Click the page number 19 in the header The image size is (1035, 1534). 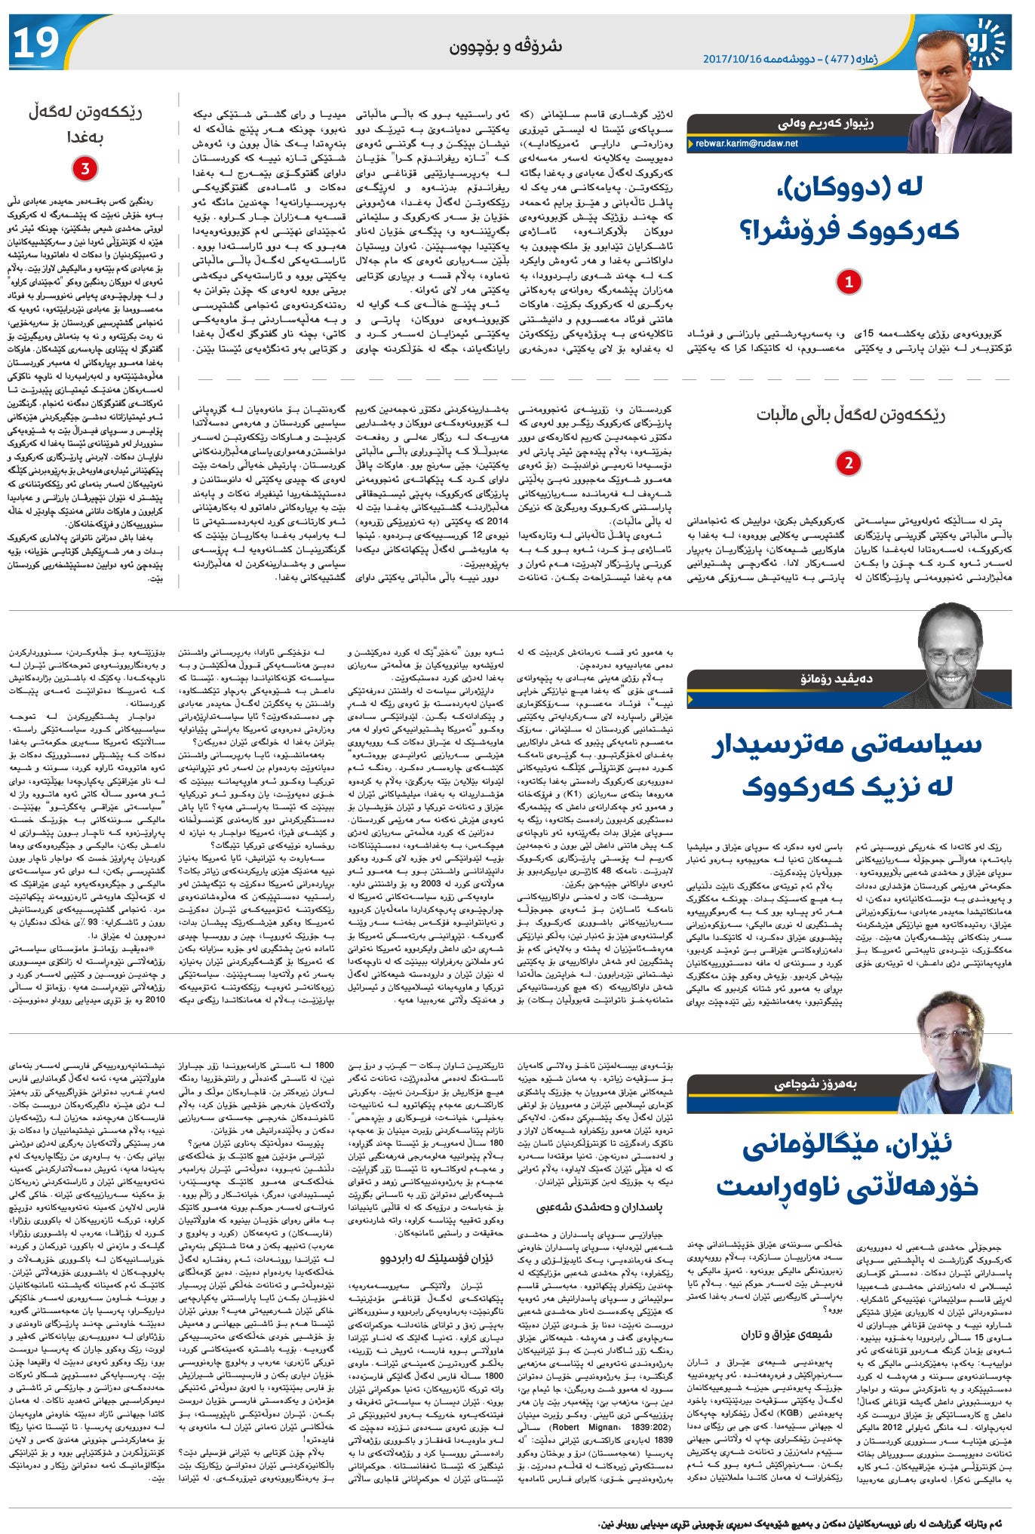coord(35,43)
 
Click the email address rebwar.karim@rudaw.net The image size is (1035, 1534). coord(746,143)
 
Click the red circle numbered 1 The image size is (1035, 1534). coord(849,282)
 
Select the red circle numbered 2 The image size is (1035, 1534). coord(849,462)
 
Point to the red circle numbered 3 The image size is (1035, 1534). coord(84,168)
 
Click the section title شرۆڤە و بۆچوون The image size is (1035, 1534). coord(506,47)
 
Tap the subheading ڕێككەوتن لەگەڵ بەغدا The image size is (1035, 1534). coord(85,124)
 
